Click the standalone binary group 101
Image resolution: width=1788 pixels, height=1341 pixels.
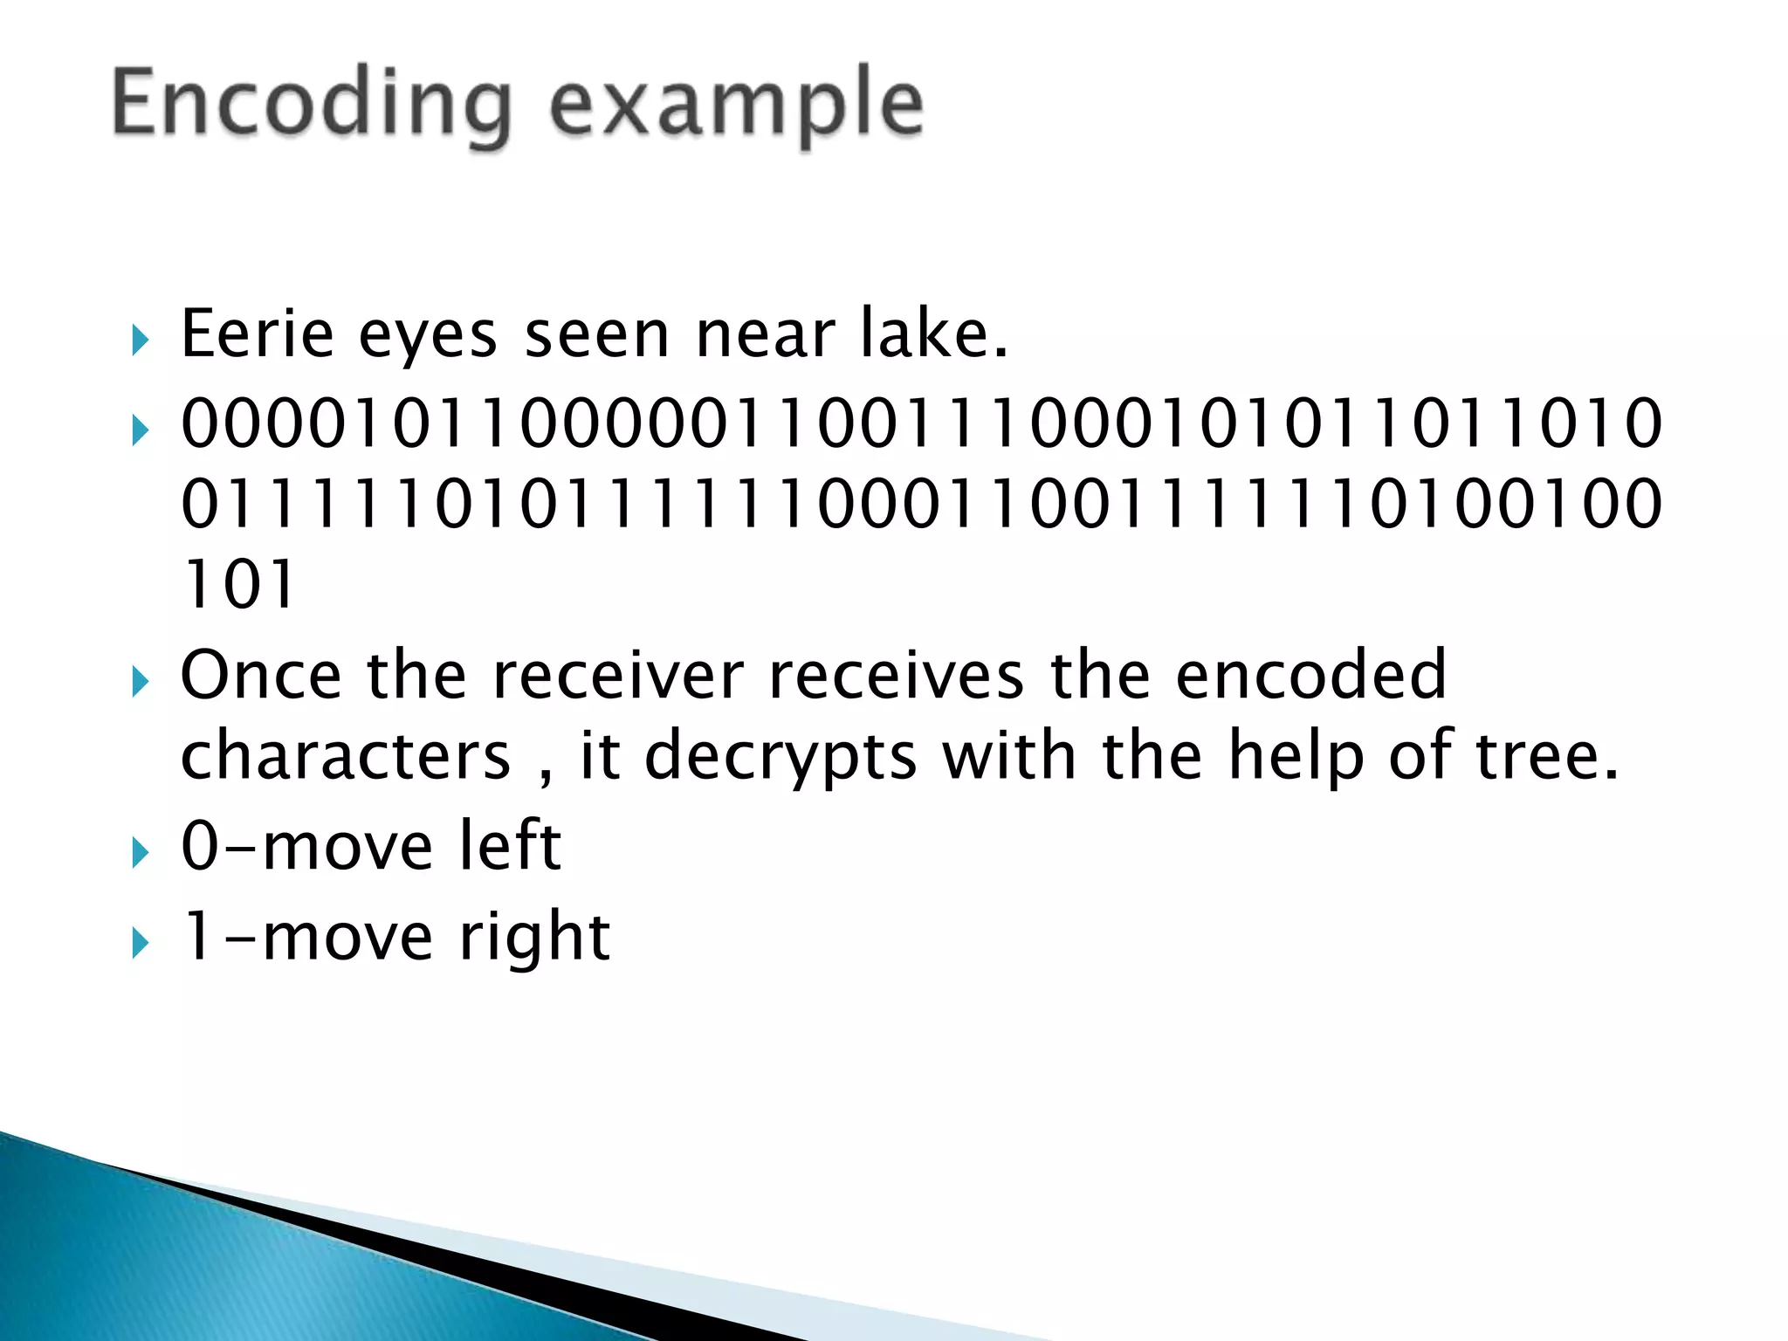tap(237, 584)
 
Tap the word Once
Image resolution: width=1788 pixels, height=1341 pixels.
tap(261, 675)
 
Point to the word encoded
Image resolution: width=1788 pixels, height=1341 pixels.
tap(1310, 675)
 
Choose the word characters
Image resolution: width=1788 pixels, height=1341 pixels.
tap(345, 756)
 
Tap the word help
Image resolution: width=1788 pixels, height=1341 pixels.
tap(1296, 756)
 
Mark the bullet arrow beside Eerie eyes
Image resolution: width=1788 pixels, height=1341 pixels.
tap(140, 340)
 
